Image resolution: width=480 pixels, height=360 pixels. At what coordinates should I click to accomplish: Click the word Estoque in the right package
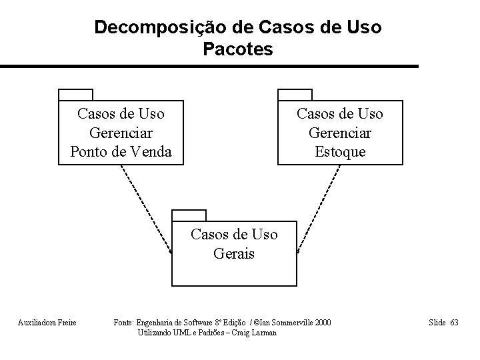(x=340, y=152)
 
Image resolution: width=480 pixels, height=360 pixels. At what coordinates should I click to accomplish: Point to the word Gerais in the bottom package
(x=234, y=253)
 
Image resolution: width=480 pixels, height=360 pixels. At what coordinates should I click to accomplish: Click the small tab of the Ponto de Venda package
(x=75, y=94)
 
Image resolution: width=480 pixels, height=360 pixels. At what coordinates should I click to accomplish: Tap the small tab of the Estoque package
(x=295, y=94)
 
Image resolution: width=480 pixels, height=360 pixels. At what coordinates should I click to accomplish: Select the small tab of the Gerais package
(x=189, y=215)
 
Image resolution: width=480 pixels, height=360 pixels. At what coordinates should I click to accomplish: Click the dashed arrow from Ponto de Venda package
(x=145, y=208)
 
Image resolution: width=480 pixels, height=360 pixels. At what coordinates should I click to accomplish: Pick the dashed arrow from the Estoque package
(x=319, y=208)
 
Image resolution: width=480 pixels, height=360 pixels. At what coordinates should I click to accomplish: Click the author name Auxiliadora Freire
(x=47, y=323)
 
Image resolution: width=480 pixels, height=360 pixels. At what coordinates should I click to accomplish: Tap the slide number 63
(x=453, y=323)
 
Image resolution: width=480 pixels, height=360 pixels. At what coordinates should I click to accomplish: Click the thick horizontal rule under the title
(x=209, y=67)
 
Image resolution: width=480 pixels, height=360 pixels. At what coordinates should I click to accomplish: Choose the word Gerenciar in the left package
(x=121, y=133)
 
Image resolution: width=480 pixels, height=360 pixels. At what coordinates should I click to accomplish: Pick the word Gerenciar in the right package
(x=340, y=133)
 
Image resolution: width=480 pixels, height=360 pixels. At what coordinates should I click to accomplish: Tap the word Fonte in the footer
(x=125, y=323)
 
